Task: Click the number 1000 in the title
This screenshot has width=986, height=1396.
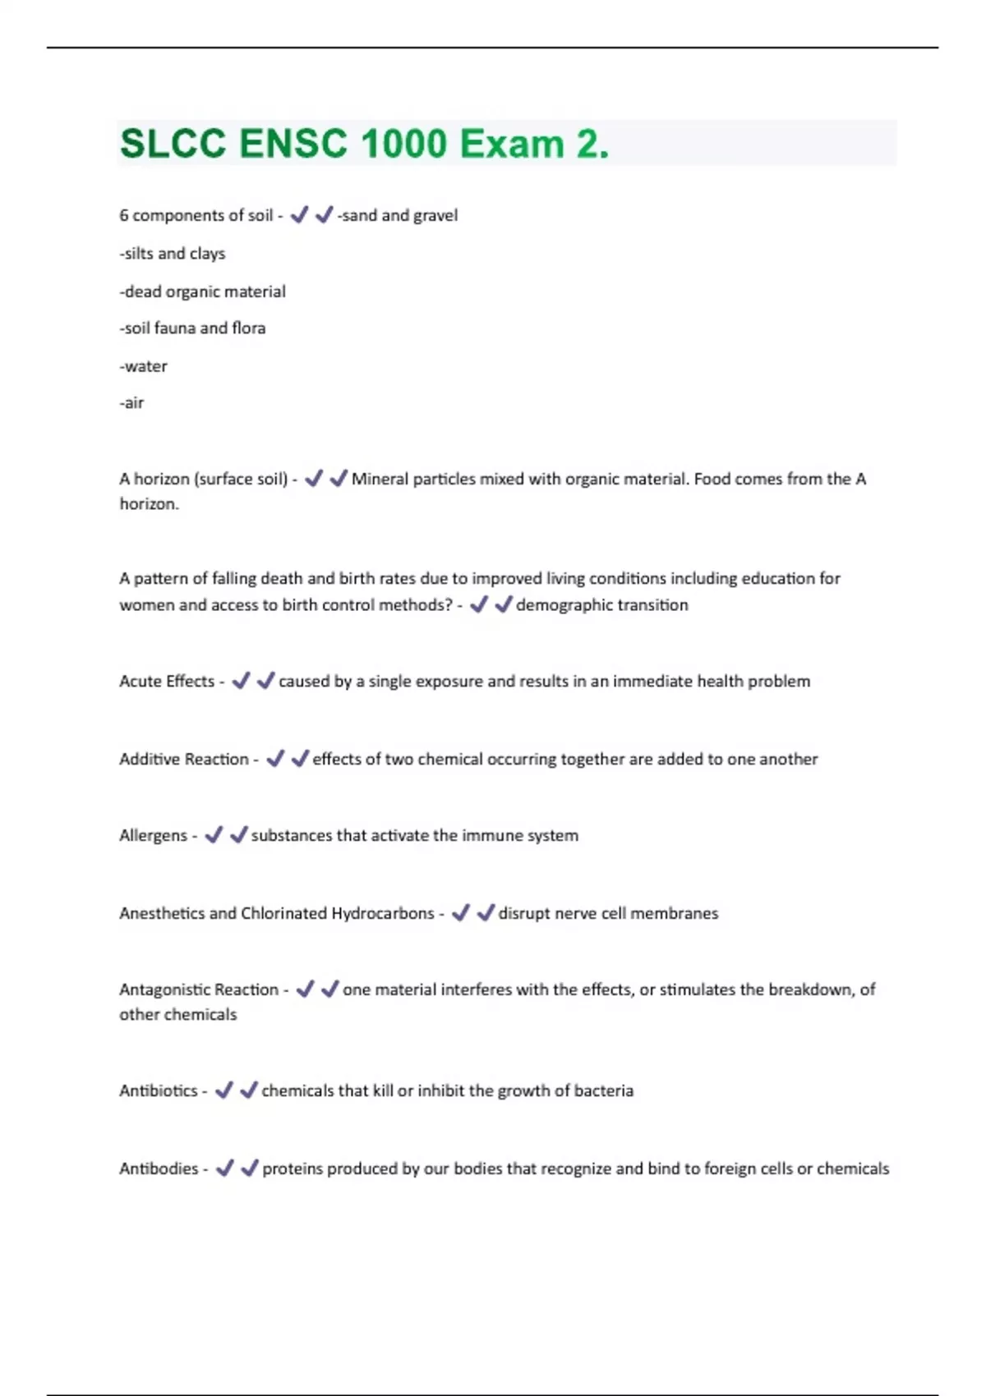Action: (x=403, y=145)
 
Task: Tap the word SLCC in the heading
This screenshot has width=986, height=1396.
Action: (x=173, y=145)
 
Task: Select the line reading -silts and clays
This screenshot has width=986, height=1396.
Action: (x=173, y=254)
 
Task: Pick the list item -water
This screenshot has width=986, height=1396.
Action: (x=144, y=366)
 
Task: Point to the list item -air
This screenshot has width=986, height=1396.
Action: (x=132, y=403)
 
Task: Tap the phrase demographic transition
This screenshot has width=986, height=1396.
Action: (x=601, y=605)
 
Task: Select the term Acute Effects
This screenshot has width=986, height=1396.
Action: (x=167, y=682)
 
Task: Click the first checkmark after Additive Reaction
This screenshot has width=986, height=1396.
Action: (x=275, y=759)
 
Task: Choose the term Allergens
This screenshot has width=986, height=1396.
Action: (x=154, y=836)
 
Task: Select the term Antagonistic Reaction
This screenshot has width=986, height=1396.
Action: (x=199, y=990)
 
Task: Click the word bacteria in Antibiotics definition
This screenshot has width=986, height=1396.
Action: (x=604, y=1091)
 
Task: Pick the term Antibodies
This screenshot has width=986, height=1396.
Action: (x=159, y=1169)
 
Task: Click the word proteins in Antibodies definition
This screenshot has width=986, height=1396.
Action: (x=293, y=1169)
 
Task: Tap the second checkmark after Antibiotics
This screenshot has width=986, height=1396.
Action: (x=249, y=1091)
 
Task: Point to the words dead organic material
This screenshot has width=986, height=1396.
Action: (x=205, y=292)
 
